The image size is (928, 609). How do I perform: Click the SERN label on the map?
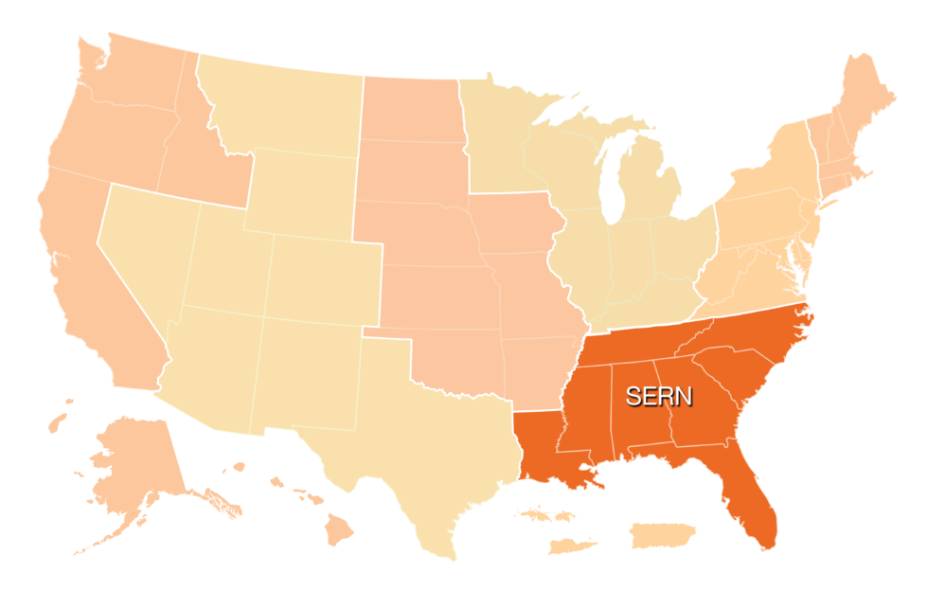coord(659,396)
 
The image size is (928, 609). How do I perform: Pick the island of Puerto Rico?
coord(663,536)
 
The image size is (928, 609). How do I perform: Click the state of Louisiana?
coord(544,445)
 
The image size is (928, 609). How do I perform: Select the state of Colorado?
coord(322,275)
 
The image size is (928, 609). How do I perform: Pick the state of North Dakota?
coord(412,109)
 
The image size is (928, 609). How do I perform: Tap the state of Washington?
coord(133,76)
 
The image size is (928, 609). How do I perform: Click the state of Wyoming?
coord(298,189)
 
